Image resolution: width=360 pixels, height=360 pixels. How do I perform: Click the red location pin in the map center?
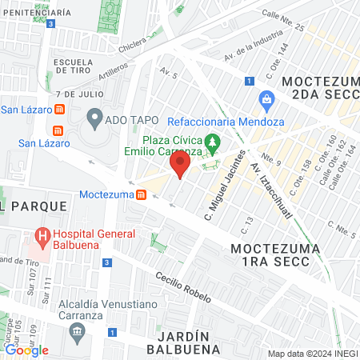coord(180,166)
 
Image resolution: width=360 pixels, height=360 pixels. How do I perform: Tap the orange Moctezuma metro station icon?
coord(141,194)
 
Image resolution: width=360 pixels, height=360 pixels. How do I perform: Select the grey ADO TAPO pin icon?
coord(94,121)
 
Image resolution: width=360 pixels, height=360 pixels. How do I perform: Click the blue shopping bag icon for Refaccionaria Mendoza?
coord(266,99)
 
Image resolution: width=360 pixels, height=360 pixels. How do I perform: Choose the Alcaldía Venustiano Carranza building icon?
coord(76,332)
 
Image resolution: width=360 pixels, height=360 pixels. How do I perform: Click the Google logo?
coord(26,350)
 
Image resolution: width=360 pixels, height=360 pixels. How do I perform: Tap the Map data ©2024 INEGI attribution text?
coord(311,354)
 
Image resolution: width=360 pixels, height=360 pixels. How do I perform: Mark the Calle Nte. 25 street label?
coord(284,20)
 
